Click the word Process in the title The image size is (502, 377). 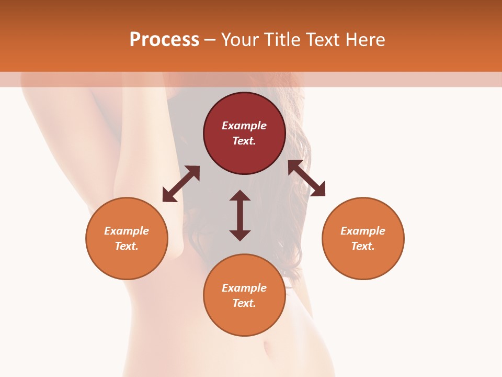(x=164, y=40)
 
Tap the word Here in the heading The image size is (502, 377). (x=364, y=40)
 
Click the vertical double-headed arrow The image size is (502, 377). (x=240, y=215)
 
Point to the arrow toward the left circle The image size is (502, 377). (x=181, y=183)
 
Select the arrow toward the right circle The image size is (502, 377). (x=306, y=178)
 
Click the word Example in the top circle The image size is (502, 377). (x=244, y=126)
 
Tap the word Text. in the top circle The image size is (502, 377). (x=244, y=141)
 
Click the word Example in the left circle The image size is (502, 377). (x=127, y=231)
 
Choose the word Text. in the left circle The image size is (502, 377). (x=127, y=246)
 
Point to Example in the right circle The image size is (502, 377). (x=363, y=231)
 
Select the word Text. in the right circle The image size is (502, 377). (x=363, y=246)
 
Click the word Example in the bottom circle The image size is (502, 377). (x=244, y=288)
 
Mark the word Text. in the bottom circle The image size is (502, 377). (x=244, y=303)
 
